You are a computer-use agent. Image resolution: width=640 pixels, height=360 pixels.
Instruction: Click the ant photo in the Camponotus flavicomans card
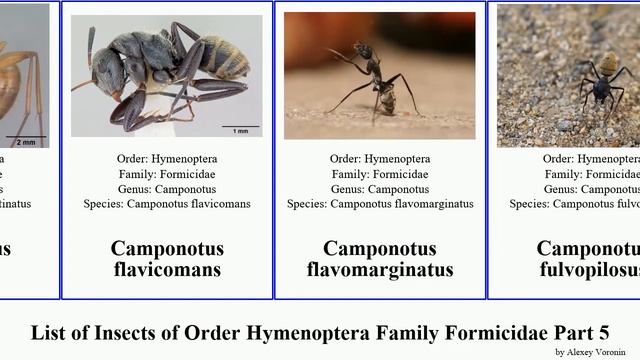(166, 75)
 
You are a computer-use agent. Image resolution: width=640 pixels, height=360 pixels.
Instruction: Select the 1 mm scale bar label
(241, 131)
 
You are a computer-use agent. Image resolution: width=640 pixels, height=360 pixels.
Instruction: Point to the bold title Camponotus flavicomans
(167, 258)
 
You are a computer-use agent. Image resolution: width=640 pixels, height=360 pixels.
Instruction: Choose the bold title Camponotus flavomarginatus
(380, 258)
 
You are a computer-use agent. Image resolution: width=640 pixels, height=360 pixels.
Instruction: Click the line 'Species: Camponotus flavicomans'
(167, 204)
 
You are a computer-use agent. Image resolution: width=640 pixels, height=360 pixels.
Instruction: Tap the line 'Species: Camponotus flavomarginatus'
(380, 204)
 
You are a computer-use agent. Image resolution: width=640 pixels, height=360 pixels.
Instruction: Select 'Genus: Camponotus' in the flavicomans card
(167, 189)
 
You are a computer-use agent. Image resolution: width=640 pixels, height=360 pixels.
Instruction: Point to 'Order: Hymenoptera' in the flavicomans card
(167, 159)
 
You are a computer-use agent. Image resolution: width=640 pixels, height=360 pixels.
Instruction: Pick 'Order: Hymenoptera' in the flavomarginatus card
(380, 159)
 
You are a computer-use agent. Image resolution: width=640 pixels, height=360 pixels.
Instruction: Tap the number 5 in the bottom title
(603, 332)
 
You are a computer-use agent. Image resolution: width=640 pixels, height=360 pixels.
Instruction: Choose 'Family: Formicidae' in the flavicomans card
(167, 174)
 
